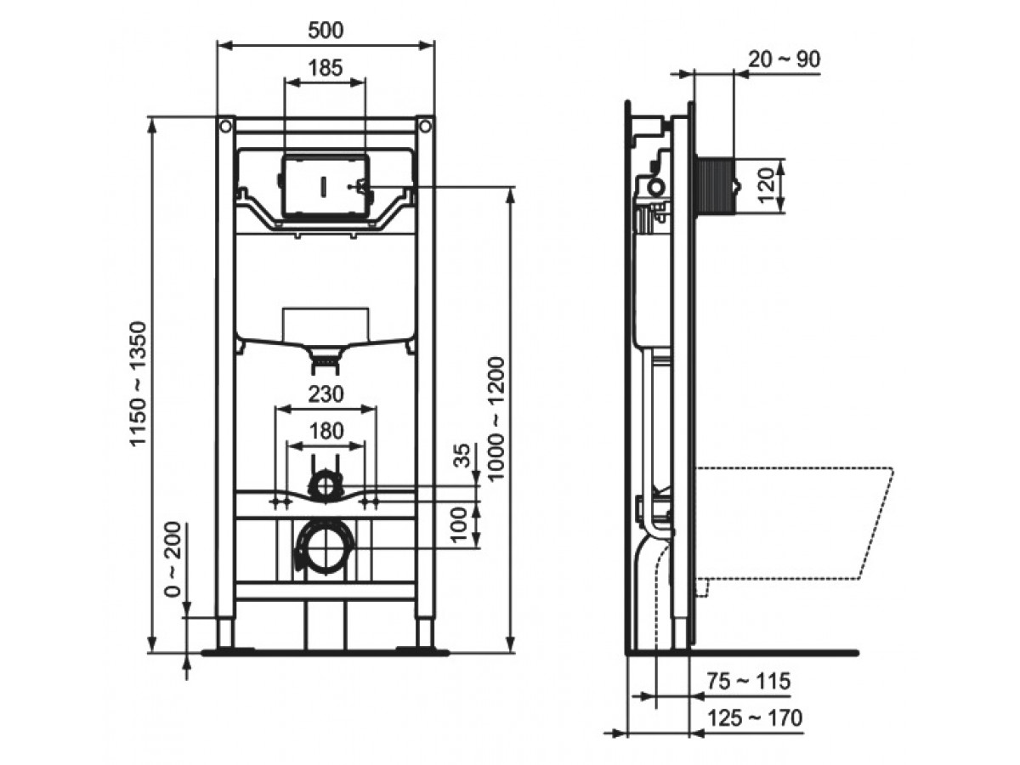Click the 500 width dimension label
326,31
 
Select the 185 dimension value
326,68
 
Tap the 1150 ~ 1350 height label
139,383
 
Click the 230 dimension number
326,394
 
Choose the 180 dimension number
326,431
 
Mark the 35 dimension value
462,456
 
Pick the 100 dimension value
459,524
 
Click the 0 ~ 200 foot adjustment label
173,559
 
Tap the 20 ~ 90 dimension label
785,59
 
